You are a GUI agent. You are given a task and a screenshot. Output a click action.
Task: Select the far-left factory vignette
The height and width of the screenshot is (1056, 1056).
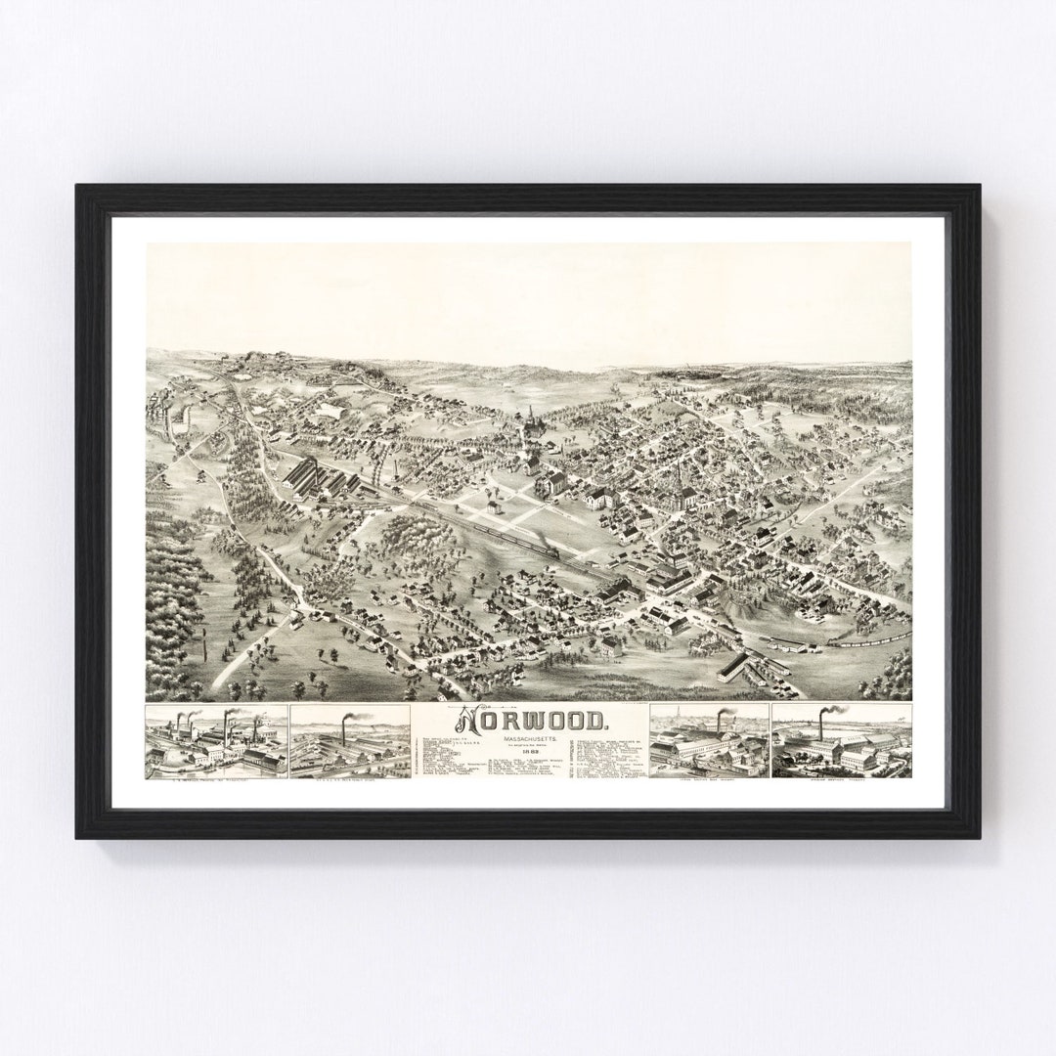pyautogui.click(x=216, y=741)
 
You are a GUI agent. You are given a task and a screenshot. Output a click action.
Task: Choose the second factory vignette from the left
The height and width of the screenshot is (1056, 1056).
pyautogui.click(x=349, y=741)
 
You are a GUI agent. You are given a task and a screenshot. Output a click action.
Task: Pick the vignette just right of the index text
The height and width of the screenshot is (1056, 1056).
pyautogui.click(x=709, y=741)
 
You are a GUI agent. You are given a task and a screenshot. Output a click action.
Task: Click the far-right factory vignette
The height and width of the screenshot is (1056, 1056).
pyautogui.click(x=841, y=741)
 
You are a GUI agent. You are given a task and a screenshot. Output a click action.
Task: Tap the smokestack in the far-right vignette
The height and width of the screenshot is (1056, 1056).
pyautogui.click(x=819, y=725)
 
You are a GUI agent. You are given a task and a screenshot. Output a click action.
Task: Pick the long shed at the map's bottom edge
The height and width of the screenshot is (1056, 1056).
pyautogui.click(x=733, y=667)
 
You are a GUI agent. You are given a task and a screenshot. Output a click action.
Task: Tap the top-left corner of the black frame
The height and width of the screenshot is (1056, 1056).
pyautogui.click(x=78, y=187)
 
